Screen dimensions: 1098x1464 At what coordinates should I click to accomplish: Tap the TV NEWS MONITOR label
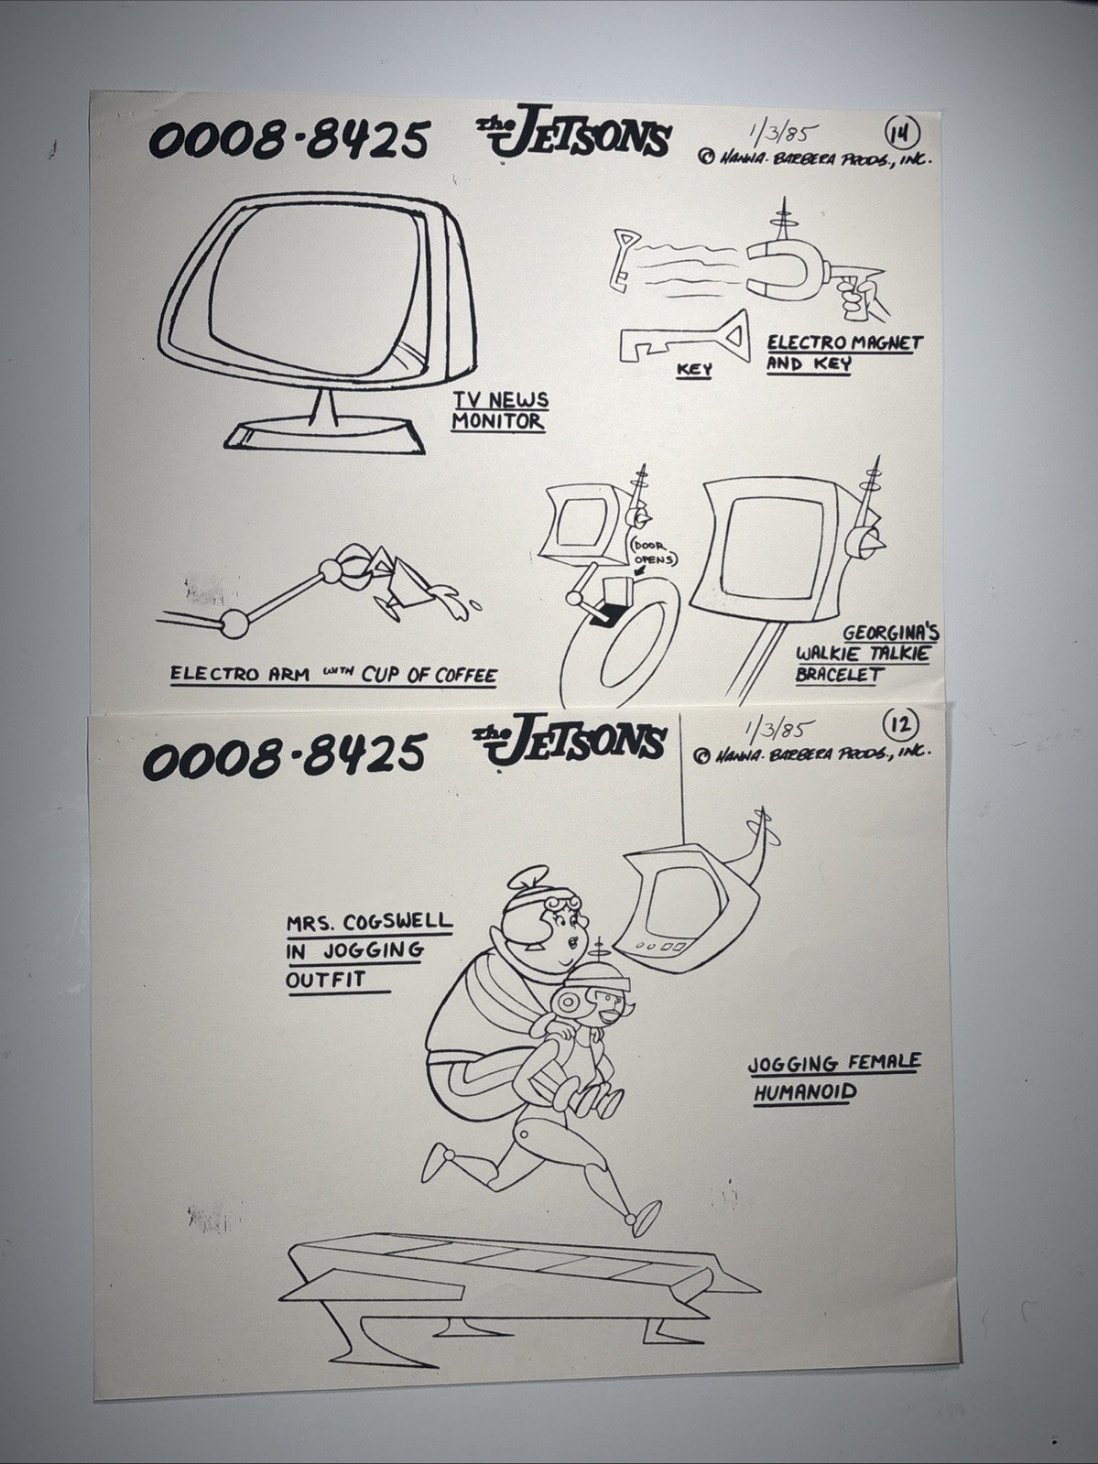pos(500,411)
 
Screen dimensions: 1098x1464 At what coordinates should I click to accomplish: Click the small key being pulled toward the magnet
pos(625,260)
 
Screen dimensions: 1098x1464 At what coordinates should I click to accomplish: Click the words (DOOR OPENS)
pos(652,553)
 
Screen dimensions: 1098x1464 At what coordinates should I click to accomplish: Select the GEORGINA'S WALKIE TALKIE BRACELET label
pos(866,654)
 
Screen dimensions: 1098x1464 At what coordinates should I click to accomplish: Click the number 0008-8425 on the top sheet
pos(288,140)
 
